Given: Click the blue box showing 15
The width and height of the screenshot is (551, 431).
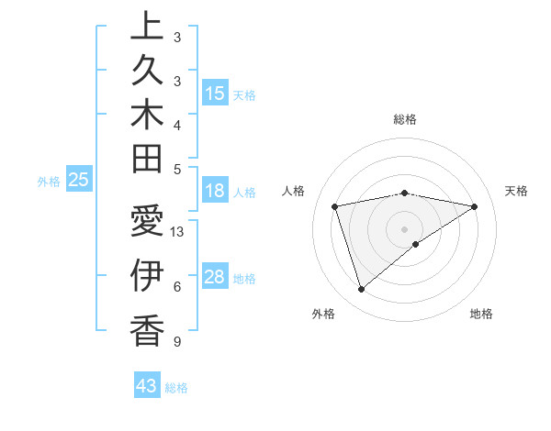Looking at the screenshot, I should coord(215,94).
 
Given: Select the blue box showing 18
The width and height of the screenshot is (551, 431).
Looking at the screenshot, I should coord(215,191).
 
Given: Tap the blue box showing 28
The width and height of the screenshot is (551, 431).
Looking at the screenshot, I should coord(215,277).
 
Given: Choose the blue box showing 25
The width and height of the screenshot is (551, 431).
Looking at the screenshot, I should coord(79,180).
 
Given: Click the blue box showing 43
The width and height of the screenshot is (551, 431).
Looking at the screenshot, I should coord(147,386).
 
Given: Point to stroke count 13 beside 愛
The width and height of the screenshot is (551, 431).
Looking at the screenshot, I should coord(177,232).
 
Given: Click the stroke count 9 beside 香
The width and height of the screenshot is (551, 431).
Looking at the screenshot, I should coord(177,342).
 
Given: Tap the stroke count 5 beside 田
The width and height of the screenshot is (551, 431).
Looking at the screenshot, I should coord(177,169).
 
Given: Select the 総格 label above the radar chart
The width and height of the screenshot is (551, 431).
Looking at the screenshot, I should coord(405,119).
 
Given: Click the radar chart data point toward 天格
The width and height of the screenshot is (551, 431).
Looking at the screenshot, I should coord(475,206).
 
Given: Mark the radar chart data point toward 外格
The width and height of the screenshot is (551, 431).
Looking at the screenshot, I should coord(361,290).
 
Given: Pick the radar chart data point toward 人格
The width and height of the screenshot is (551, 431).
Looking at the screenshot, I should coord(335,206).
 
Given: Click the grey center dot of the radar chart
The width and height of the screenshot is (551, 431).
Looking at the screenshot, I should coord(405,228).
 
